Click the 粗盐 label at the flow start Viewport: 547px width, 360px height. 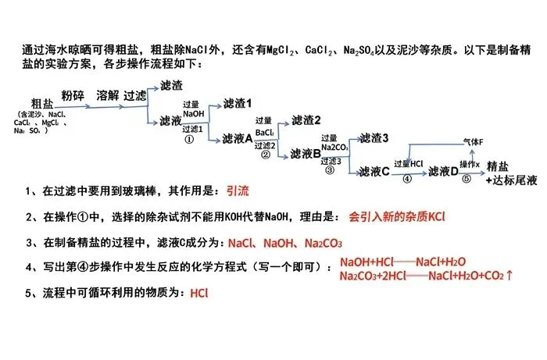pos(43,103)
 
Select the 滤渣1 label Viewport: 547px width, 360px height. pos(238,104)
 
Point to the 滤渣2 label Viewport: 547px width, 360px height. pos(306,120)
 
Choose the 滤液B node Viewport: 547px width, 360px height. pos(306,154)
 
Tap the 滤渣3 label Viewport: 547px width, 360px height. pos(374,137)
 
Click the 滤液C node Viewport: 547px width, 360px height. pos(374,171)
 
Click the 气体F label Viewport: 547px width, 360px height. pos(474,141)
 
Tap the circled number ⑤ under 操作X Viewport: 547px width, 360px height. pos(467,179)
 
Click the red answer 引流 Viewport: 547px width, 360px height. pos(238,191)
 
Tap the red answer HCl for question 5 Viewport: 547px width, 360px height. pos(199,294)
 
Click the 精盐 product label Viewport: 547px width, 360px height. pos(499,167)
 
